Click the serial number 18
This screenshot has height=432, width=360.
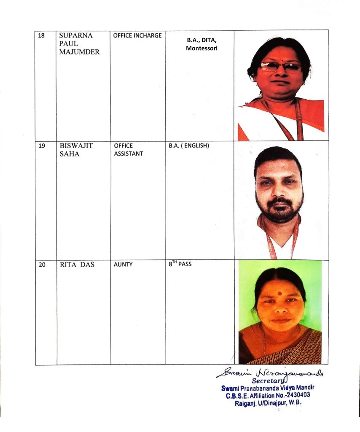(x=41, y=35)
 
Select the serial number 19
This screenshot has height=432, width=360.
(x=41, y=146)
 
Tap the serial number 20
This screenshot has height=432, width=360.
(x=41, y=265)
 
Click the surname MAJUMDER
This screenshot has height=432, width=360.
(x=80, y=52)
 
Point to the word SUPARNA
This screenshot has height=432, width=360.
(x=76, y=36)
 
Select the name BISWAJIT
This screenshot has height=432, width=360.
(x=76, y=146)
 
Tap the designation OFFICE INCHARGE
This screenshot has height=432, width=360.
(x=137, y=36)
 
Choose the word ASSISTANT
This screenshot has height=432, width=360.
(x=129, y=154)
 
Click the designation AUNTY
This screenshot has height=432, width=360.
(x=123, y=265)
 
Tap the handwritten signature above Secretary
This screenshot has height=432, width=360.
(x=270, y=373)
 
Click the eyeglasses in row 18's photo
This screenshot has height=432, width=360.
(x=280, y=67)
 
